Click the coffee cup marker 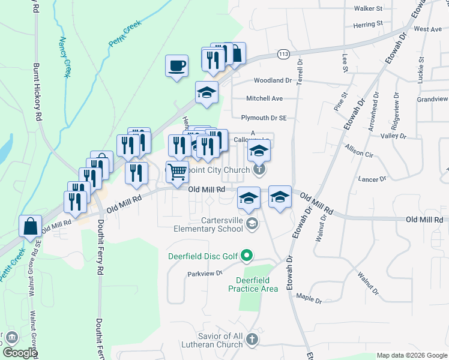pyautogui.click(x=176, y=66)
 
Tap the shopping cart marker pyautogui.click(x=177, y=172)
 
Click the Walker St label pyautogui.click(x=368, y=9)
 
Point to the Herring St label pyautogui.click(x=368, y=24)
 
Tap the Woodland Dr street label pyautogui.click(x=273, y=80)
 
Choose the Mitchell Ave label pyautogui.click(x=264, y=98)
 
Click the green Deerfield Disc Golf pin pyautogui.click(x=247, y=257)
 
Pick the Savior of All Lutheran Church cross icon pyautogui.click(x=253, y=339)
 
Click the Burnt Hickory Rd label pyautogui.click(x=37, y=90)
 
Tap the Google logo pyautogui.click(x=20, y=353)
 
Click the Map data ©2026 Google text pyautogui.click(x=411, y=355)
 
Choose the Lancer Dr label pyautogui.click(x=372, y=179)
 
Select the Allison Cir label pyautogui.click(x=359, y=150)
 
